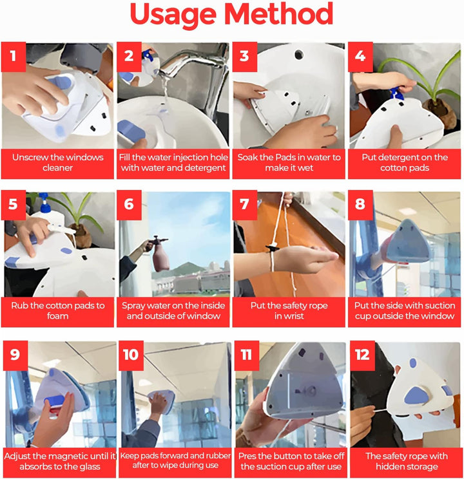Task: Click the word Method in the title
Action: pos(278,14)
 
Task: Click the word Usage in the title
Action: pos(173,16)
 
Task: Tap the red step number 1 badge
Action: pos(13,57)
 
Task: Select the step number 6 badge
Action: pos(129,205)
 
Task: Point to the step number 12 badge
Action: pos(362,355)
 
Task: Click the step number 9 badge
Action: pos(15,355)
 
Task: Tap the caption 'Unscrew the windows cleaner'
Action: pos(57,162)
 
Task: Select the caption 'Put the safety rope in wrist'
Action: pos(289,311)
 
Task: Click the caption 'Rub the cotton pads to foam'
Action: pos(57,311)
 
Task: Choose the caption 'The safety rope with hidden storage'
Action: pos(407,461)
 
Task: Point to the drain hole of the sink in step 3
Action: pos(299,55)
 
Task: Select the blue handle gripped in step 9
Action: pos(54,401)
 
